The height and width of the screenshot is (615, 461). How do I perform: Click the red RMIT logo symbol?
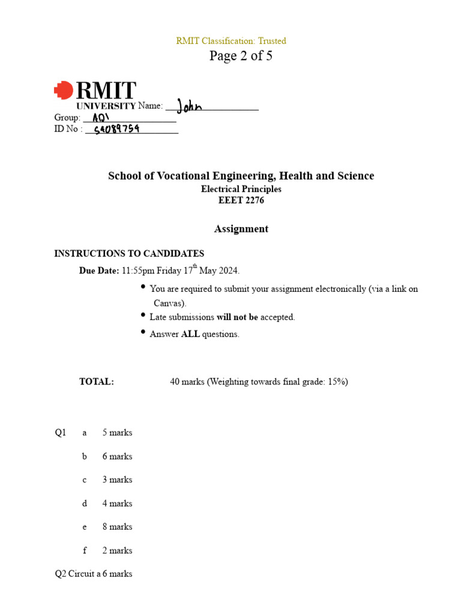63,91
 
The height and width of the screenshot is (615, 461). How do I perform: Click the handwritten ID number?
117,129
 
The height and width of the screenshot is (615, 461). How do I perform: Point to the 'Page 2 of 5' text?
241,56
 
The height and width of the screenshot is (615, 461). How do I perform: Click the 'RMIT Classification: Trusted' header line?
231,41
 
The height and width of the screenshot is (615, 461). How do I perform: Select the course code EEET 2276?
241,201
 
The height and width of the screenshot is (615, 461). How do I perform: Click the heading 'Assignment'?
241,229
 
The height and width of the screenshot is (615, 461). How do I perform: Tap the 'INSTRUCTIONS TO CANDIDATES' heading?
129,253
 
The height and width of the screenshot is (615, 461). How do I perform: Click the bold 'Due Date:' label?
99,271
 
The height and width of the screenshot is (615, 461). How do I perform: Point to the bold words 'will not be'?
237,317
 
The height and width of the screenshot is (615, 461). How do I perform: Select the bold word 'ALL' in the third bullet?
190,335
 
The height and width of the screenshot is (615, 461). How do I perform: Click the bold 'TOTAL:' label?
97,381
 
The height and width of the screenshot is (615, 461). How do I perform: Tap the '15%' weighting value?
337,381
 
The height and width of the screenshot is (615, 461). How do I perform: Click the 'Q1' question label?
60,432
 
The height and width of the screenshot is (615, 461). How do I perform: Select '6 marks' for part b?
117,456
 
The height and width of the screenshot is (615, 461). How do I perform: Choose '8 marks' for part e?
117,527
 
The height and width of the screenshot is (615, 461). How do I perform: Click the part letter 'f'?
85,550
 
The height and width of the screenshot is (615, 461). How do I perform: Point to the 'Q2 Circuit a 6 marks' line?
94,574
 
